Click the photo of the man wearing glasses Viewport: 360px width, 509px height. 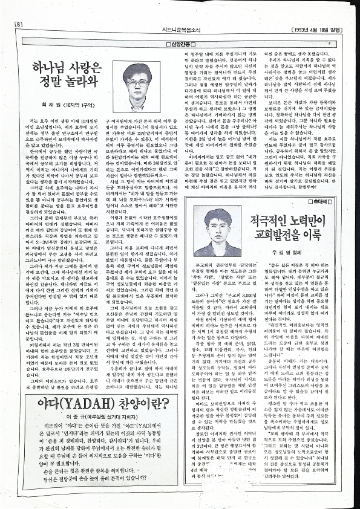[x=146, y=91]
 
